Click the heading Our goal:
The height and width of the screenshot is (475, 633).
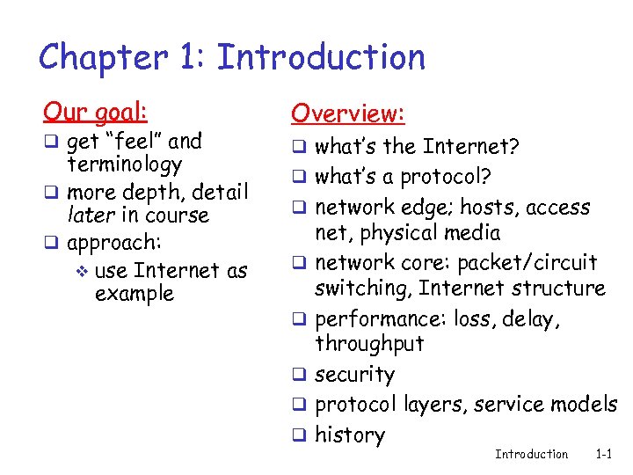click(x=96, y=112)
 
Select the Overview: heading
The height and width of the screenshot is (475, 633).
click(x=348, y=113)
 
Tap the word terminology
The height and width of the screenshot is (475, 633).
click(x=125, y=164)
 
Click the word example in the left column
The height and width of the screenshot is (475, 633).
click(x=135, y=293)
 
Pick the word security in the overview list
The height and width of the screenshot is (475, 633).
click(x=354, y=375)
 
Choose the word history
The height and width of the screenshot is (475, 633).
click(x=350, y=435)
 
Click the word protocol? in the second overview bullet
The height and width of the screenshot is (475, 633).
click(x=445, y=177)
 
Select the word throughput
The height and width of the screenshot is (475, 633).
click(x=369, y=344)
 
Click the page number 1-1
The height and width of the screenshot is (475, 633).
click(x=603, y=454)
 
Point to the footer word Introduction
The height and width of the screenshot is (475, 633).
click(x=531, y=454)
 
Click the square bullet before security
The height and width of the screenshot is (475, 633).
click(x=299, y=376)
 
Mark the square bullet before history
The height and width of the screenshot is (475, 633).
click(x=299, y=435)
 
